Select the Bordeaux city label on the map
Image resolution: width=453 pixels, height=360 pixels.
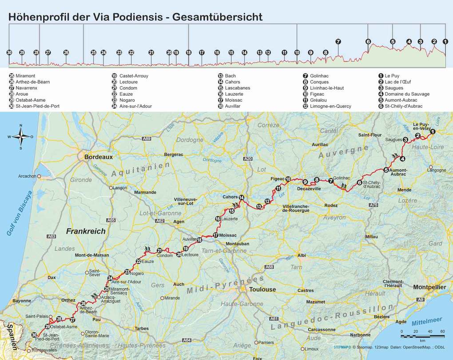point(99,157)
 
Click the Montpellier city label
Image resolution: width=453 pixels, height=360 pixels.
point(429,287)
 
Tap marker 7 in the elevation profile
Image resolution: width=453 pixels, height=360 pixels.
point(338,42)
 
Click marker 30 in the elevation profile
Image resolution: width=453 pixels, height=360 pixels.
point(9,52)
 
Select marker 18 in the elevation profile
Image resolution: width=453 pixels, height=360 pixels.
point(188,52)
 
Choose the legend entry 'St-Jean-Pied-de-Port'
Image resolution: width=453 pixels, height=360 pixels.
point(37,106)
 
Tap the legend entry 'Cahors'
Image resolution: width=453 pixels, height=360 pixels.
point(232,82)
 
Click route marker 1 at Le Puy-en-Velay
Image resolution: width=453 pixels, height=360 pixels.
point(432,131)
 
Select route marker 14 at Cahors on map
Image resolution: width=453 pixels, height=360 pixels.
point(242,197)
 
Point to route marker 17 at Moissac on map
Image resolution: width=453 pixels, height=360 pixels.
point(215,235)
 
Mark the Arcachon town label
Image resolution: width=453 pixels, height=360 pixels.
point(27,176)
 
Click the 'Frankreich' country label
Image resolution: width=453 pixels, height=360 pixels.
point(86,231)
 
